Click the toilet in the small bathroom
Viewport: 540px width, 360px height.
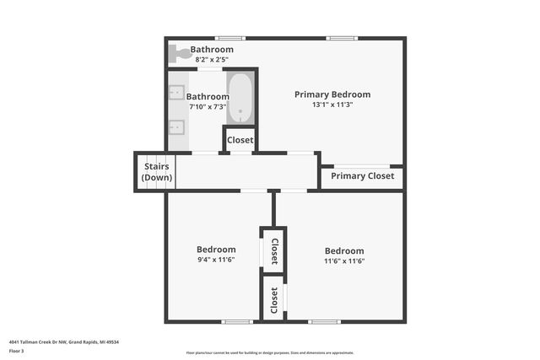pyautogui.click(x=179, y=54)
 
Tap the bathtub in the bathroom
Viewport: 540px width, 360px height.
pyautogui.click(x=240, y=98)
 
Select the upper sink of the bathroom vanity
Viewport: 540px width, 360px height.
pyautogui.click(x=177, y=93)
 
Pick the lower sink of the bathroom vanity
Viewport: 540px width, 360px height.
pyautogui.click(x=177, y=128)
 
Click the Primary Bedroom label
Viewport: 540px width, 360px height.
pyautogui.click(x=332, y=94)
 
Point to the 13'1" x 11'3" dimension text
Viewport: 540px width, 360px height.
pyautogui.click(x=332, y=105)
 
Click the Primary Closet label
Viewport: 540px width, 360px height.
pyautogui.click(x=362, y=176)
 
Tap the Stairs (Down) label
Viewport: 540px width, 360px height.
pyautogui.click(x=157, y=172)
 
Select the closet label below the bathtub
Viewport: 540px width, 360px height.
pyautogui.click(x=240, y=140)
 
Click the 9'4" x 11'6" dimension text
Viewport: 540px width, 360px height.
pyautogui.click(x=216, y=260)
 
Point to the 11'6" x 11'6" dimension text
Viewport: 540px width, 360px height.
pyautogui.click(x=344, y=261)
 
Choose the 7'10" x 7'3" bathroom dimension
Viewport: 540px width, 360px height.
pyautogui.click(x=208, y=107)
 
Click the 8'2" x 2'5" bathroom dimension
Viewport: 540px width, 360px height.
pyautogui.click(x=213, y=60)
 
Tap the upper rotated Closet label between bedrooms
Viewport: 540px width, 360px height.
pyautogui.click(x=274, y=250)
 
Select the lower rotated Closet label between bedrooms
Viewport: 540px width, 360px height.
pyautogui.click(x=273, y=300)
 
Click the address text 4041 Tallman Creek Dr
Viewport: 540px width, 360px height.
pyautogui.click(x=64, y=343)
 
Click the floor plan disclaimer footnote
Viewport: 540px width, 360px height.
pyautogui.click(x=269, y=353)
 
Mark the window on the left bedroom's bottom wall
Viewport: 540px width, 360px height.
pyautogui.click(x=237, y=321)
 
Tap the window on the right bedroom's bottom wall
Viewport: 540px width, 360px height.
pyautogui.click(x=324, y=321)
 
